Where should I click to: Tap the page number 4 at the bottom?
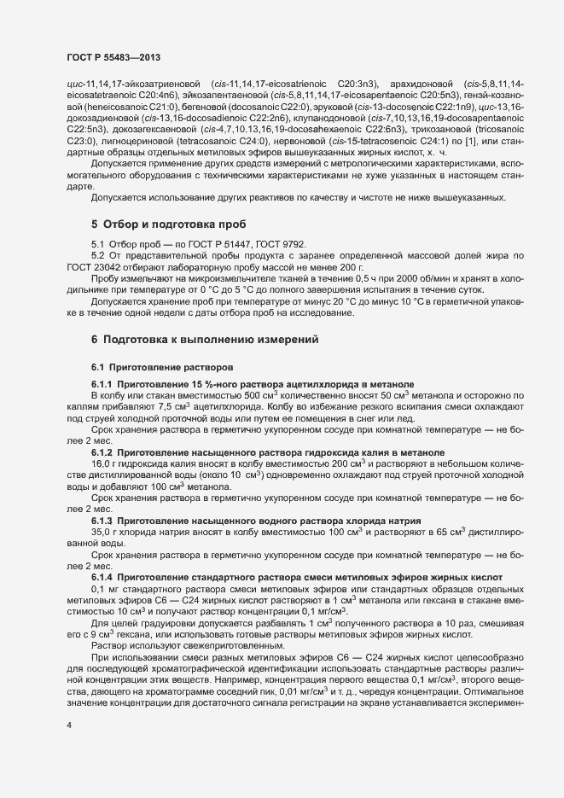pyautogui.click(x=68, y=750)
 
